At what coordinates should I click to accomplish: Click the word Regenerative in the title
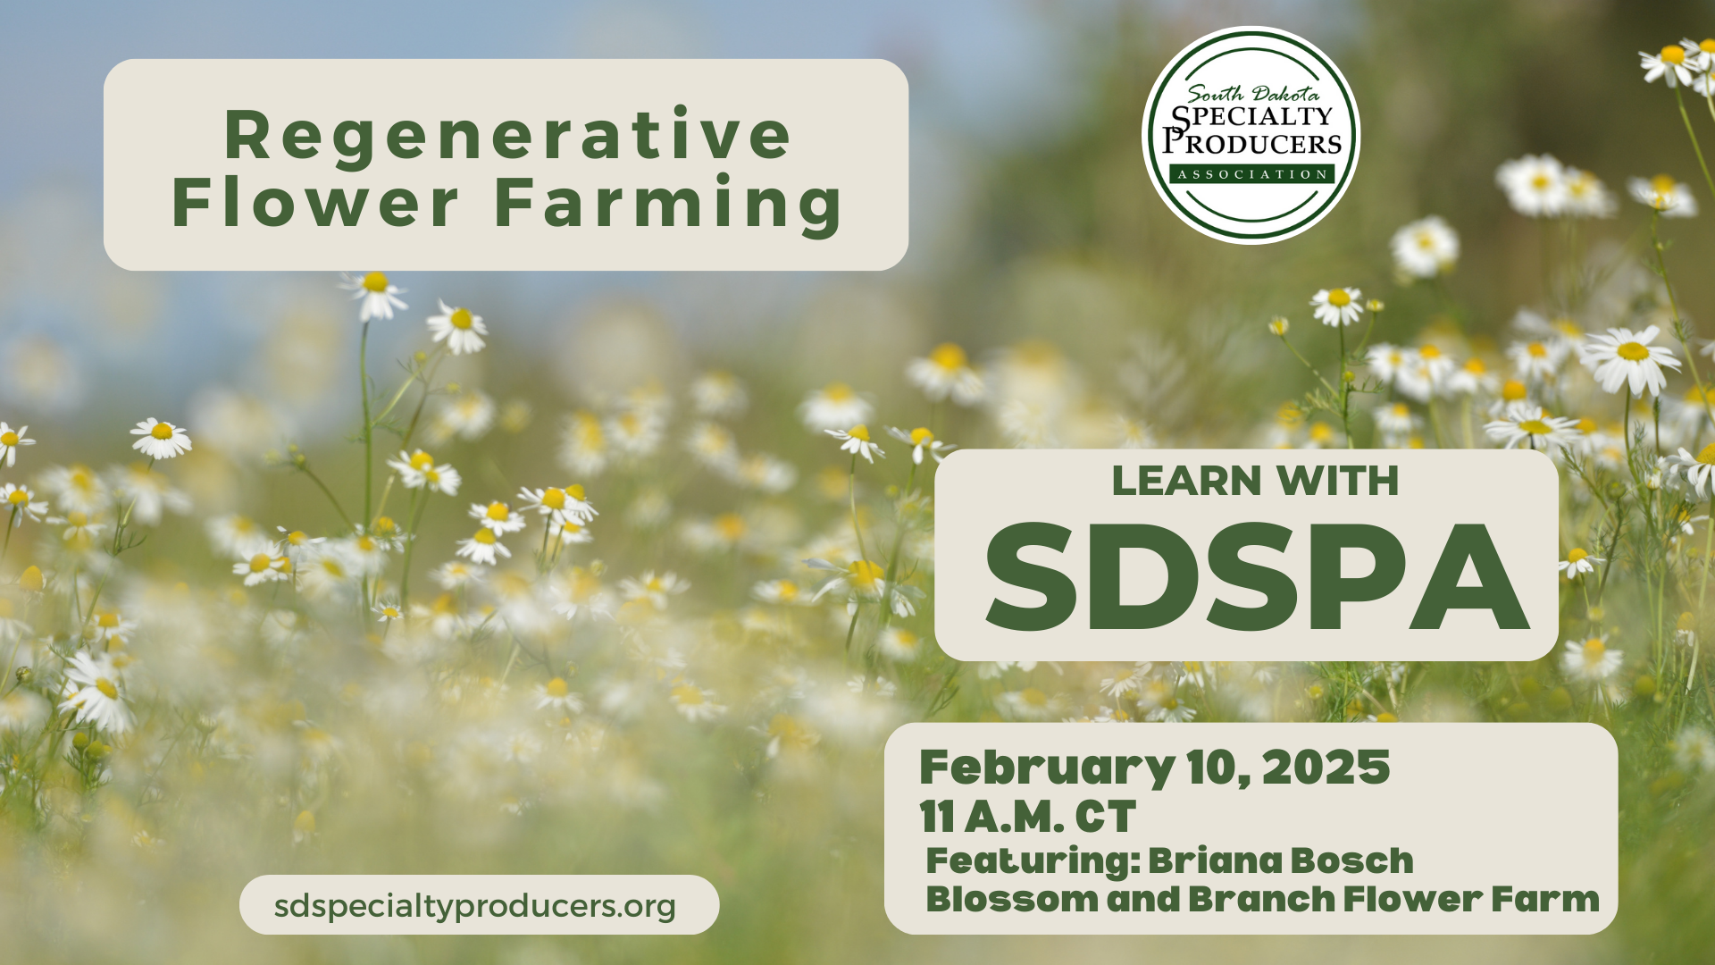coord(507,135)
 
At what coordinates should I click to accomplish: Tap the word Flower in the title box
coord(315,203)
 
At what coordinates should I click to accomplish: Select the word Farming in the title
coord(668,205)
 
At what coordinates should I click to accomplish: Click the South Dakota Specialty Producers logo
coord(1251,135)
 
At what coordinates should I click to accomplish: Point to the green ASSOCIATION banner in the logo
coord(1251,174)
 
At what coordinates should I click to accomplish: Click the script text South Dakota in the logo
coord(1252,93)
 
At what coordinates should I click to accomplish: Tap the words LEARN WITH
coord(1255,481)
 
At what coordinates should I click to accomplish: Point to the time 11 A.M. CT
coord(1027,817)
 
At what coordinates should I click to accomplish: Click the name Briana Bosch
coord(1281,860)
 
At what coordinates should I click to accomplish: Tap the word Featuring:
coord(1033,861)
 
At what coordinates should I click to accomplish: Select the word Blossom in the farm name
coord(1012,899)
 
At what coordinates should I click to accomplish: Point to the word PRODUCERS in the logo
coord(1252,143)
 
